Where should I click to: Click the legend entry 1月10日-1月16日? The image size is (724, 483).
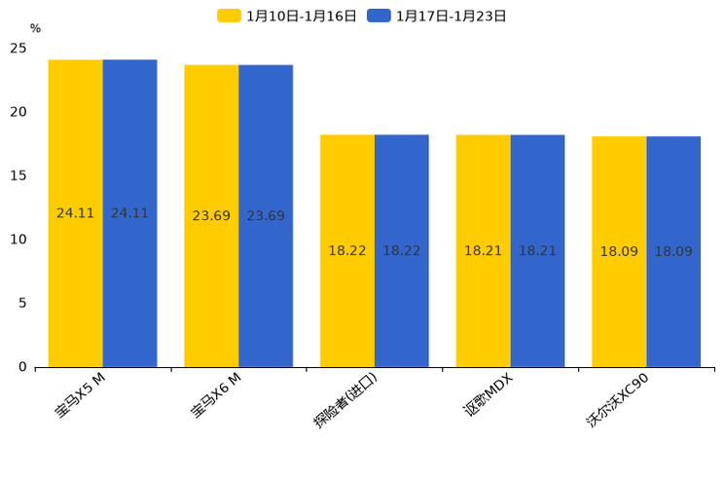[287, 16]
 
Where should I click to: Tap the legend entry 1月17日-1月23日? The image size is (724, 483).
[437, 16]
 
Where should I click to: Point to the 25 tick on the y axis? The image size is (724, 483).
[18, 49]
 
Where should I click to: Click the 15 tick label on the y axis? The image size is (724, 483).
[18, 176]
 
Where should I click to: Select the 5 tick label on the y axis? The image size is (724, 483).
[22, 304]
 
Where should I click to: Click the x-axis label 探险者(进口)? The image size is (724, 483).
[344, 400]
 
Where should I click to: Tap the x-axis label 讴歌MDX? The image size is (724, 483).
[487, 395]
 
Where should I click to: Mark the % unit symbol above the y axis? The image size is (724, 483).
[35, 29]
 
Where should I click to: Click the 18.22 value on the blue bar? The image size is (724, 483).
[402, 251]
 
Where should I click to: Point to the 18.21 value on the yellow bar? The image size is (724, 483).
[483, 251]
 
